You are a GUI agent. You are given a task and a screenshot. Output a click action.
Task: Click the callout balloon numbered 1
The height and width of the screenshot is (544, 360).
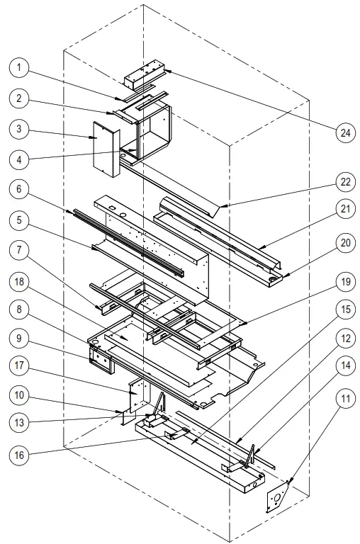21,68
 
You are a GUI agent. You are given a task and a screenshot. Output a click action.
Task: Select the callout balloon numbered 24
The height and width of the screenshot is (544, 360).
344,132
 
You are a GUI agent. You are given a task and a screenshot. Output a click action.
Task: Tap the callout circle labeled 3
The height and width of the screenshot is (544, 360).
21,130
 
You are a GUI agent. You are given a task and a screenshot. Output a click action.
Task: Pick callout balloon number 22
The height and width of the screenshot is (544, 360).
344,182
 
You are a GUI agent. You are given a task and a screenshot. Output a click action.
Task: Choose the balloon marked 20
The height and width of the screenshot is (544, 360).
344,243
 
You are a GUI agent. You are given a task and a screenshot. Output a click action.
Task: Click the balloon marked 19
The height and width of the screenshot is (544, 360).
344,281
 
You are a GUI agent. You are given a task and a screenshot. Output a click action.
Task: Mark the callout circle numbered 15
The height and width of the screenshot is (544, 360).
344,310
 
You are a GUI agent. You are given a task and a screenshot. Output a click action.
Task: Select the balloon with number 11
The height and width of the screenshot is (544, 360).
344,399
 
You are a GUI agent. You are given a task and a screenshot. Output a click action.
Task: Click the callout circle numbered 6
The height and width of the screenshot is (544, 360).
21,190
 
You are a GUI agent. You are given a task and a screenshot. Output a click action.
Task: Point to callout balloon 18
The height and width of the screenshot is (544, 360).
21,281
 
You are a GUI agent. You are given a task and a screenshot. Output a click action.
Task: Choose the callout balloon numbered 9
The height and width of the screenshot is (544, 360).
21,338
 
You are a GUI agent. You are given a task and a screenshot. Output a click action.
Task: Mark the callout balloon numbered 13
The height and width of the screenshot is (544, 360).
21,422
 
